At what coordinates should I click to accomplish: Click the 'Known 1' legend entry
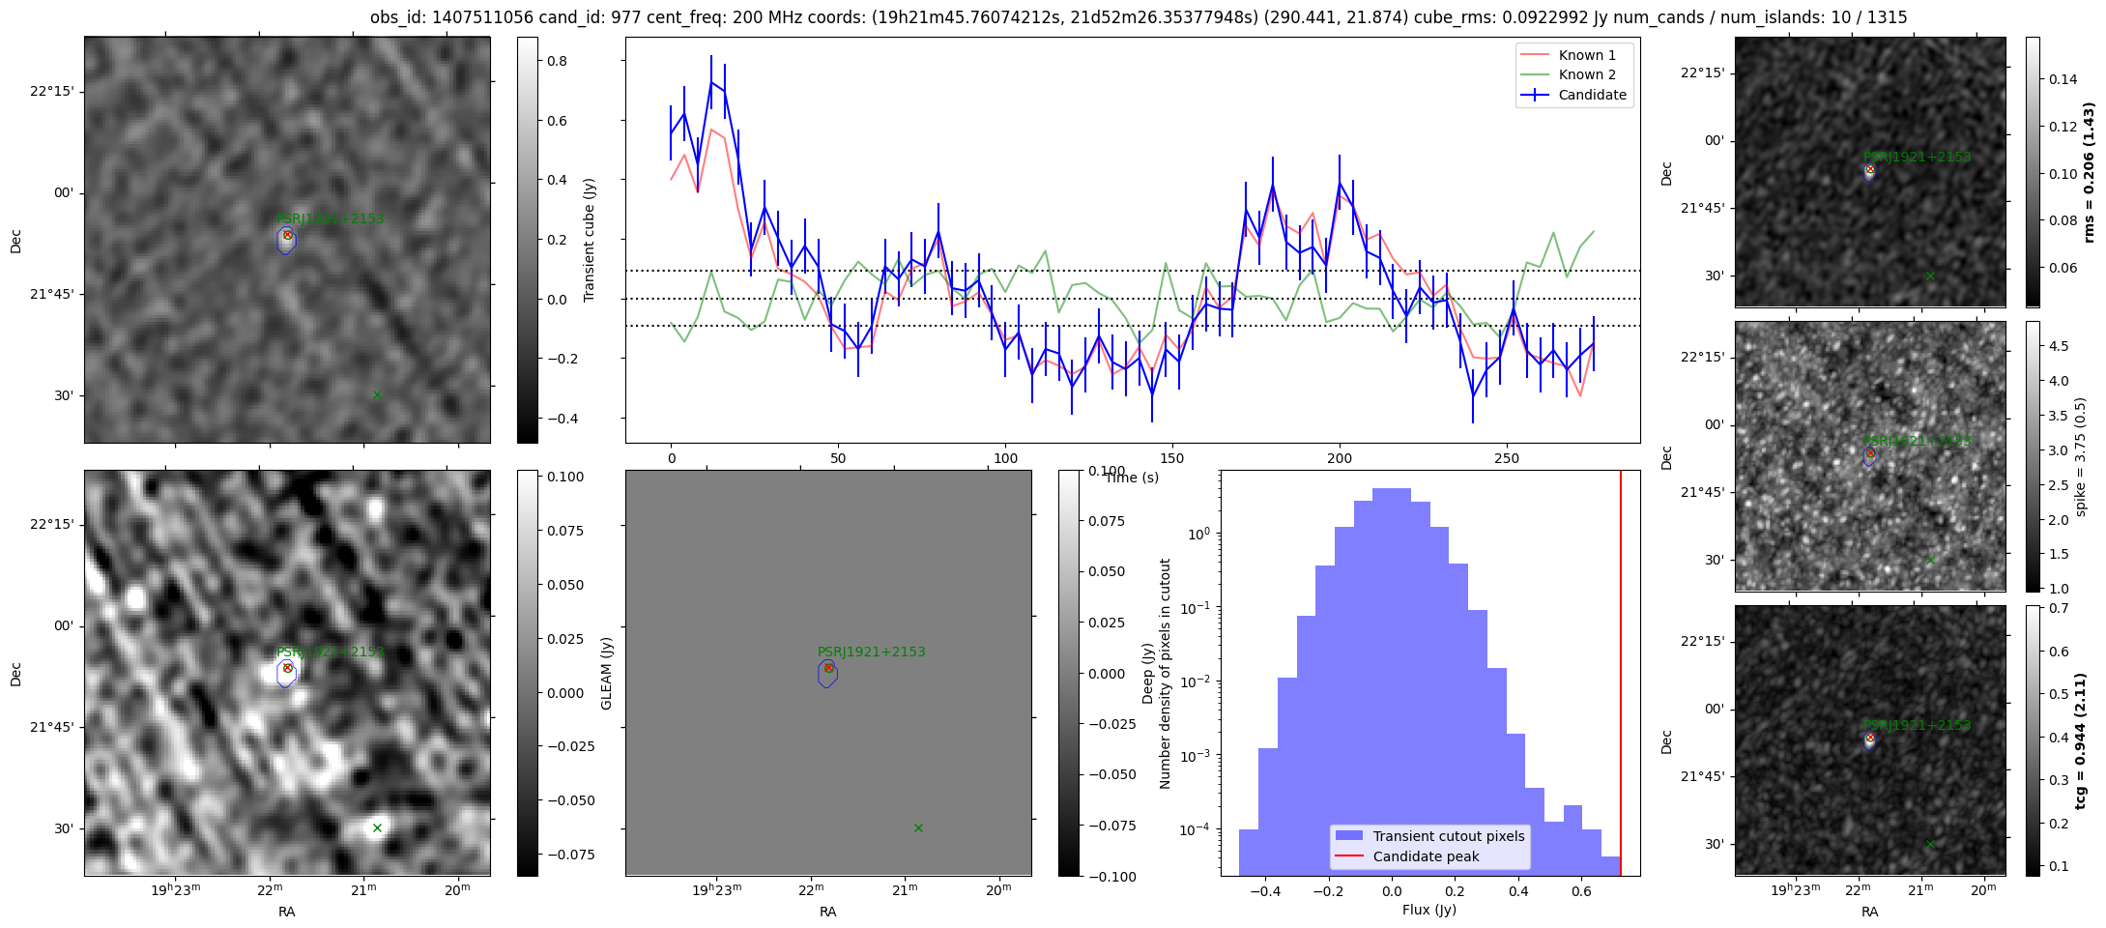(1586, 55)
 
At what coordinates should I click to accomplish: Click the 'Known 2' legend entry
(1586, 74)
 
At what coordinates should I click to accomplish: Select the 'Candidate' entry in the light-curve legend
(1592, 95)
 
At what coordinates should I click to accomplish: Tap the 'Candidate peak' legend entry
(1426, 856)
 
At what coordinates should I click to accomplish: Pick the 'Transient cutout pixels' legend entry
(1448, 836)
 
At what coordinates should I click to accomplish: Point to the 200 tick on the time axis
(1340, 458)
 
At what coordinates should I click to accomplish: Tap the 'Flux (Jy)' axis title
(1428, 910)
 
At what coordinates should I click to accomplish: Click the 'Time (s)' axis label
(1132, 478)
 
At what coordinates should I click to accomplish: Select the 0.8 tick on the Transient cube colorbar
(558, 61)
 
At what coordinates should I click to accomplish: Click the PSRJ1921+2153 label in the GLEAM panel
(871, 652)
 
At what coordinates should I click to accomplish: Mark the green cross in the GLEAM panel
(918, 827)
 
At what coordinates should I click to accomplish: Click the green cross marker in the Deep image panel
(377, 827)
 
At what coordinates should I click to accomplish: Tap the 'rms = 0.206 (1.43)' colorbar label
(2089, 172)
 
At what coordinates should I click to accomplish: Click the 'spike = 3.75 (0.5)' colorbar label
(2081, 456)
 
